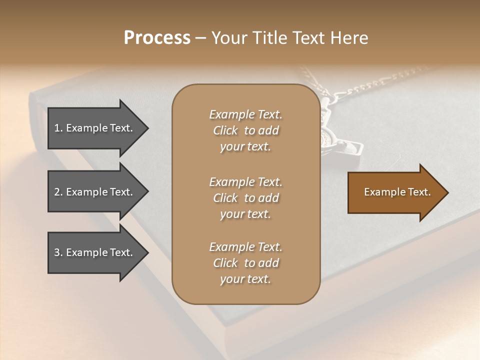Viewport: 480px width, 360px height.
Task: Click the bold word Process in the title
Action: (x=157, y=38)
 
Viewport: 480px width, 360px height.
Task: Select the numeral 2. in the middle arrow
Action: (x=58, y=192)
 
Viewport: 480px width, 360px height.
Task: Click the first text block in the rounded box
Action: (x=245, y=130)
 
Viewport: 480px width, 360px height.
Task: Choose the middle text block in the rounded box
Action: (x=245, y=198)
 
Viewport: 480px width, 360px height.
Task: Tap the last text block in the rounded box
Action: (x=245, y=263)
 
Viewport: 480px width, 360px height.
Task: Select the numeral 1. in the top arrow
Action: (x=58, y=128)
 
